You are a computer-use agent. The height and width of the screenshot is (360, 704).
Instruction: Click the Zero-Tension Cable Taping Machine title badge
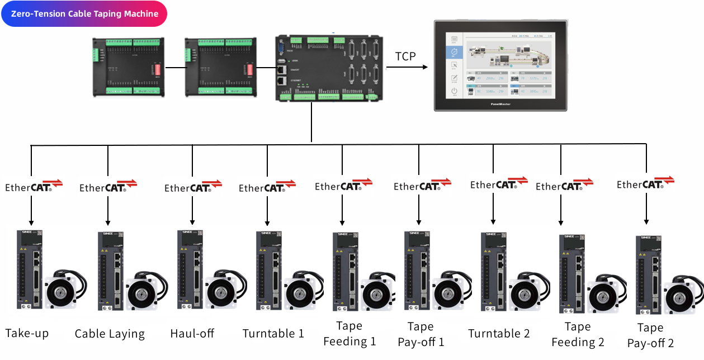[x=84, y=14]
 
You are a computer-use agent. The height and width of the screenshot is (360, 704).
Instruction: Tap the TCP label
[x=405, y=56]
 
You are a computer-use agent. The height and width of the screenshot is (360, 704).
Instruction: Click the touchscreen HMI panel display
[x=500, y=66]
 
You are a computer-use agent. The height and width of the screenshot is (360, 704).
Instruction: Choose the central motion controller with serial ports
[x=329, y=68]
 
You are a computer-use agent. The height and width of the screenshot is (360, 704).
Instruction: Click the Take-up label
[x=27, y=334]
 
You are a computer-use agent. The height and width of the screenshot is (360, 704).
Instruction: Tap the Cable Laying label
[x=110, y=334]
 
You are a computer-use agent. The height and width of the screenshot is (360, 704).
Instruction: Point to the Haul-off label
[x=192, y=334]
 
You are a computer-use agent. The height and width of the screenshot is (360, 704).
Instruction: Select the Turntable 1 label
[x=273, y=334]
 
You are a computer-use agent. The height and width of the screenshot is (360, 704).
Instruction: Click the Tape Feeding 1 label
[x=349, y=334]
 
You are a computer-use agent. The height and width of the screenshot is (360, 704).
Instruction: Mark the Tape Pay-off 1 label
[x=420, y=334]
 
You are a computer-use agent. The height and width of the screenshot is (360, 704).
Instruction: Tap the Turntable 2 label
[x=499, y=334]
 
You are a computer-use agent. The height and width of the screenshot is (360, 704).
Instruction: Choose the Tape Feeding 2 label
[x=578, y=334]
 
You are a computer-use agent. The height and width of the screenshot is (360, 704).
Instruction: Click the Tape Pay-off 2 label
[x=650, y=335]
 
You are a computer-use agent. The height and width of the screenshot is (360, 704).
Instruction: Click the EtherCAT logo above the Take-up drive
[x=34, y=186]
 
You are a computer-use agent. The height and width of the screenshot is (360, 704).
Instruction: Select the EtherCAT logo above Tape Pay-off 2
[x=645, y=183]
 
